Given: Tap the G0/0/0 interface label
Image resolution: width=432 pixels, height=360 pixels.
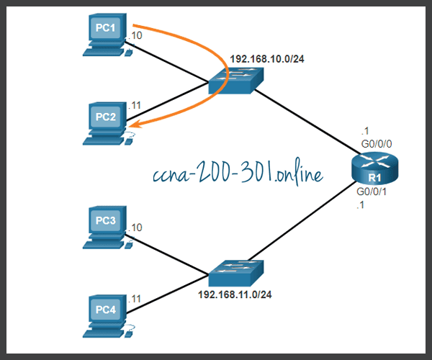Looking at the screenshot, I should point(377,143).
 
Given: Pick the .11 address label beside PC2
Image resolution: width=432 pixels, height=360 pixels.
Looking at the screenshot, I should point(135,106).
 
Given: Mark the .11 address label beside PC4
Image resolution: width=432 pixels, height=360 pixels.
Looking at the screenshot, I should point(135,298).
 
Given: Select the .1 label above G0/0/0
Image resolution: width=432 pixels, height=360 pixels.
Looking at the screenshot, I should point(365,131).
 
